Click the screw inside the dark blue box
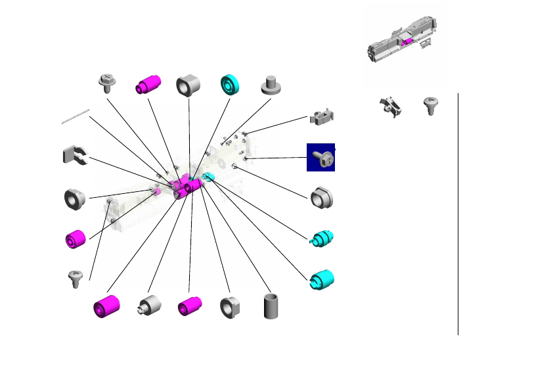tap(321, 158)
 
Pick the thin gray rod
tap(76, 116)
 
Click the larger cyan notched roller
tap(322, 279)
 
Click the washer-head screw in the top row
tap(106, 83)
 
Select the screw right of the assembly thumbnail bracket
tap(430, 105)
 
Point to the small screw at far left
tap(76, 278)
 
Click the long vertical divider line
tap(458, 214)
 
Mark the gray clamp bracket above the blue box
tap(322, 118)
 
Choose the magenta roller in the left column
tap(76, 239)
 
